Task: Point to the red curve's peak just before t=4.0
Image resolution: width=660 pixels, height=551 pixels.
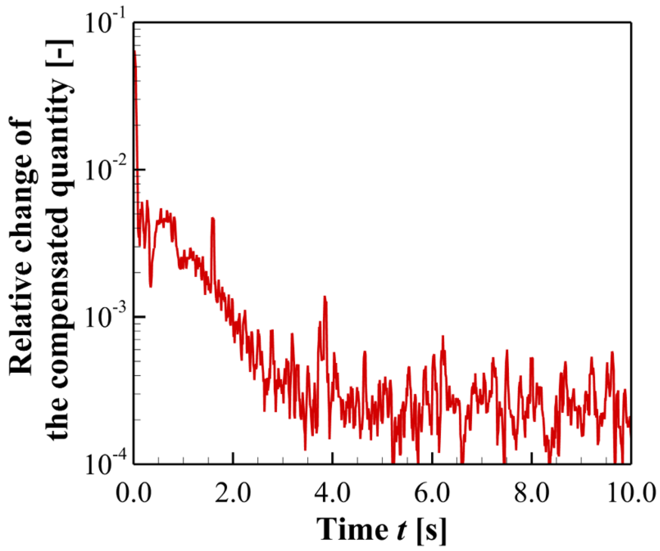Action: coord(325,297)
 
